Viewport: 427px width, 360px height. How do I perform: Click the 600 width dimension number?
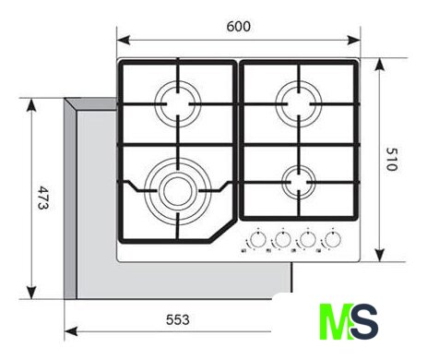coord(239,27)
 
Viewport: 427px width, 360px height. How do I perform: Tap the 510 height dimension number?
coord(392,160)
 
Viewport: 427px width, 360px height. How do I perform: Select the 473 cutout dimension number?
coord(43,198)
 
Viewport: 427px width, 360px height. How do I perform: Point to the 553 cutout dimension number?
coord(178,319)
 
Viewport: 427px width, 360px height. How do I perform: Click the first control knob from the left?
coord(258,240)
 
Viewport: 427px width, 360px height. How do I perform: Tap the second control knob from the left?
coord(283,240)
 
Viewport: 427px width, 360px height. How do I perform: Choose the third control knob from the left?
coord(308,240)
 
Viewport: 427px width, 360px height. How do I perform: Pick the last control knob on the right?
coord(333,240)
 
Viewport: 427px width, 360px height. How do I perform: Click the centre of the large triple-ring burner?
coord(178,191)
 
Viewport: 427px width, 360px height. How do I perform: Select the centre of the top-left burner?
coord(178,104)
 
